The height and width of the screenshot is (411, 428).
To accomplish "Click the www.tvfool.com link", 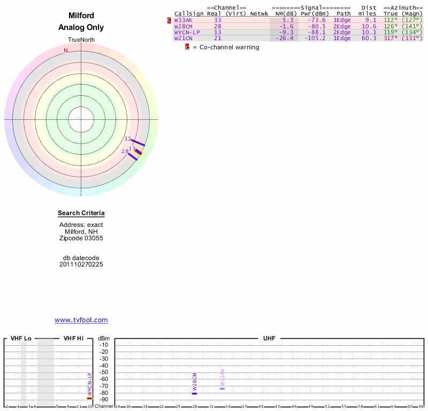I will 81,320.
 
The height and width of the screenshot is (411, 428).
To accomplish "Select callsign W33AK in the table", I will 184,20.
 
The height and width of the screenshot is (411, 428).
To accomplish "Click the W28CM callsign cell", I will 184,26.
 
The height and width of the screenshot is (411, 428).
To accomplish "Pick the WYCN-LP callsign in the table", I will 187,32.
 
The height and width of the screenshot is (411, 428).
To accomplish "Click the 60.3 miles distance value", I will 370,38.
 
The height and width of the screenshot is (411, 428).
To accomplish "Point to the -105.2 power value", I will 315,38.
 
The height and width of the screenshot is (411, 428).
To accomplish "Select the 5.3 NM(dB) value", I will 288,20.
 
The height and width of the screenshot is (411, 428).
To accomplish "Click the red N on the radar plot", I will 66,50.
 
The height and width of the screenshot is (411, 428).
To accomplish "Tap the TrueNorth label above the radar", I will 81,40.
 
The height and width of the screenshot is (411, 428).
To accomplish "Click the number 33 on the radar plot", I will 127,139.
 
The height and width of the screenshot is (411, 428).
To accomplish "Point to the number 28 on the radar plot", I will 125,151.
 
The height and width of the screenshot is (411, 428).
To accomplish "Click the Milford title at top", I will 81,16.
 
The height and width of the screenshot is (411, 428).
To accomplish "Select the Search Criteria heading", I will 81,214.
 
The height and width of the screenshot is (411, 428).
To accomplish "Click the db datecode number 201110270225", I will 81,264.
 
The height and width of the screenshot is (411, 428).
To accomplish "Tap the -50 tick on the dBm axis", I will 104,372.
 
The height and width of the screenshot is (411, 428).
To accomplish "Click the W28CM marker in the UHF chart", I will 195,393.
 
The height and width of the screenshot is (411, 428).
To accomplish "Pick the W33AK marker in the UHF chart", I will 223,388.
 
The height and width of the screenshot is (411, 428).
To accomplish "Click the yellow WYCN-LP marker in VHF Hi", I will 90,398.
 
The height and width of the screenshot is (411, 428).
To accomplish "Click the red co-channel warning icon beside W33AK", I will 170,20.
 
